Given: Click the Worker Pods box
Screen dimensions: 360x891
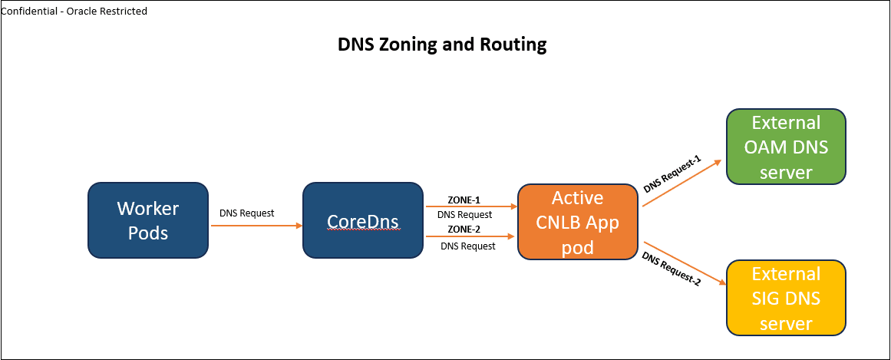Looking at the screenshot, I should tap(148, 220).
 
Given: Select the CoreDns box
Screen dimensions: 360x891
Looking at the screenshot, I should tap(363, 220).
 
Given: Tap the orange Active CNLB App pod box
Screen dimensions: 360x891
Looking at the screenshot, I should tap(578, 222).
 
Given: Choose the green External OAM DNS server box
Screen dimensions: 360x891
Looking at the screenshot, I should tap(785, 147).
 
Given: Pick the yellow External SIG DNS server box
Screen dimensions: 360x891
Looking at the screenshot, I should tap(785, 298).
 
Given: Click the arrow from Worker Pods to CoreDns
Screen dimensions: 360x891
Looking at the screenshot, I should tap(256, 226).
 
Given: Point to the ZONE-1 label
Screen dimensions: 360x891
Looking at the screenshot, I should tap(464, 200).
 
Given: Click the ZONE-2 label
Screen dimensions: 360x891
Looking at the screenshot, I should tap(464, 229).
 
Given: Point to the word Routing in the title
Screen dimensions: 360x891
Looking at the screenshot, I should tap(513, 45).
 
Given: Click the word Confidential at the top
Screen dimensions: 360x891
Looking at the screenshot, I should tap(28, 12).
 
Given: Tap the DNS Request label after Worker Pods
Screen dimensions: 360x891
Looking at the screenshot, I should tap(246, 213).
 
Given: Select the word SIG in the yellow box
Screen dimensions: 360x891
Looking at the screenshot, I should tap(768, 299).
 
